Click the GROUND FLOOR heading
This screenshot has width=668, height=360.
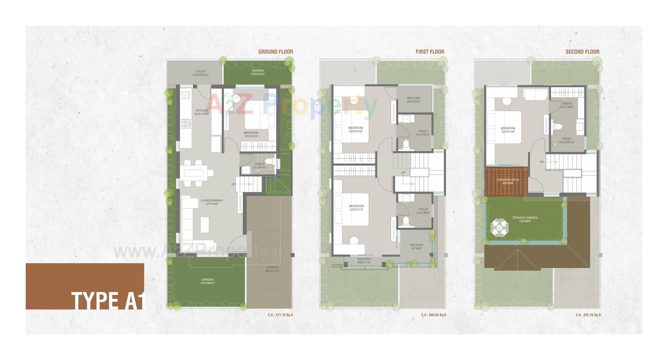coord(276,52)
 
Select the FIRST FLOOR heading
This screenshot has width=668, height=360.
coord(430,52)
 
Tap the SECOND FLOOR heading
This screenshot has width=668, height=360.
coord(582,52)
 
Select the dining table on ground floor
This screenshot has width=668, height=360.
coord(196,173)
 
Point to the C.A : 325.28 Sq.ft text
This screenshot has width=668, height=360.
coord(588,315)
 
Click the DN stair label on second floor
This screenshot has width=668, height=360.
coord(542,162)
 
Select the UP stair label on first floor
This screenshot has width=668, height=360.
coord(403,172)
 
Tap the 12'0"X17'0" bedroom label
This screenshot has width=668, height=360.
coord(357,208)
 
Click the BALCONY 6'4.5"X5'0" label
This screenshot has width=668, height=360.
coord(414,100)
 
